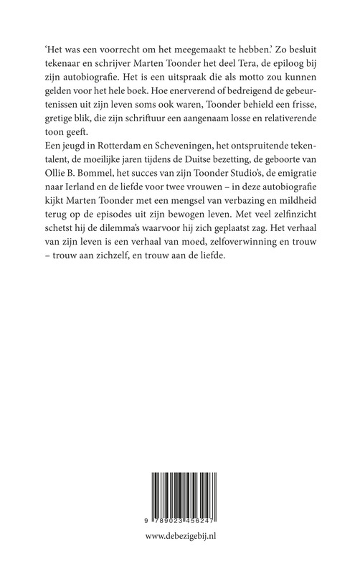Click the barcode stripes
click(x=180, y=499)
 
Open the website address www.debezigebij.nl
click(x=180, y=553)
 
